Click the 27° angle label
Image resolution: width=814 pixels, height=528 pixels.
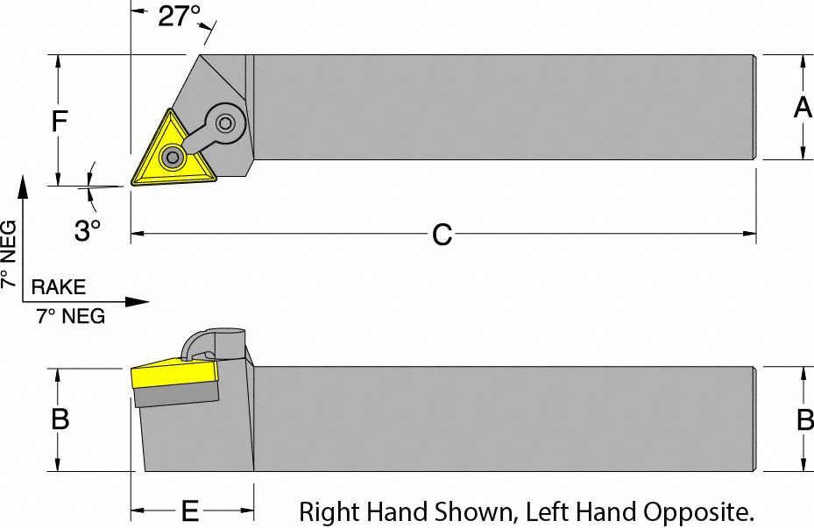(179, 16)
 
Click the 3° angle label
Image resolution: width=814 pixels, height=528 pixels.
(87, 231)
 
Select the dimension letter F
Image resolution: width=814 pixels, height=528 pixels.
(58, 121)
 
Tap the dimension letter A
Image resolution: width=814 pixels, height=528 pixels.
(802, 108)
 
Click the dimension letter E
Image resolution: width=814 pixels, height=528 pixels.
(189, 511)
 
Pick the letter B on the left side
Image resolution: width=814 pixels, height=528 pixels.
(60, 420)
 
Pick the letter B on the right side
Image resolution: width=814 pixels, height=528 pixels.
(803, 420)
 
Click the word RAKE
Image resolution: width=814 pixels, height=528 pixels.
(59, 287)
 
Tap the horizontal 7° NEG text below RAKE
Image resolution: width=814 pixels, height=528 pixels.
(70, 317)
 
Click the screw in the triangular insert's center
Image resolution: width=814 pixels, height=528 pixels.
(173, 158)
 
